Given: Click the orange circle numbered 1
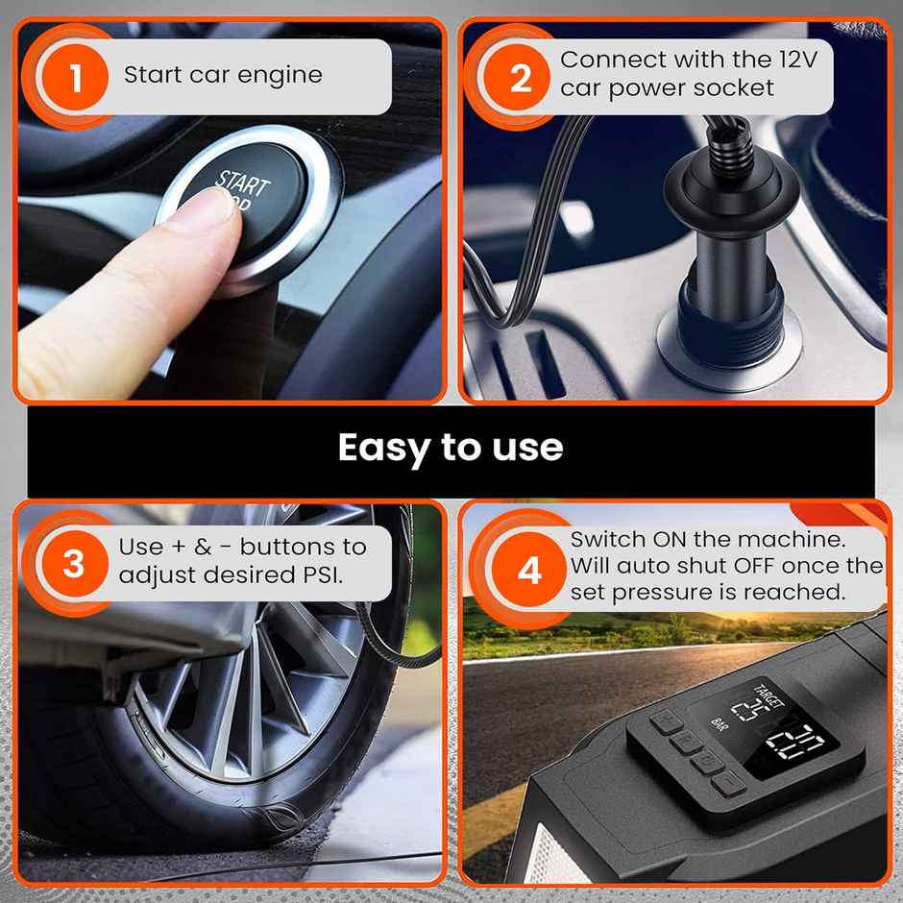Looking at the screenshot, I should (75, 78).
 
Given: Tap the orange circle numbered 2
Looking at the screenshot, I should (521, 78).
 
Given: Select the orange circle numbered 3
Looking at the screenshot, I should (74, 564).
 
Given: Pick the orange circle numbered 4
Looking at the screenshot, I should (530, 571).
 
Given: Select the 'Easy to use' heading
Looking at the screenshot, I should (451, 448).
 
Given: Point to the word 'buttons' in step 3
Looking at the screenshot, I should (282, 547).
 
